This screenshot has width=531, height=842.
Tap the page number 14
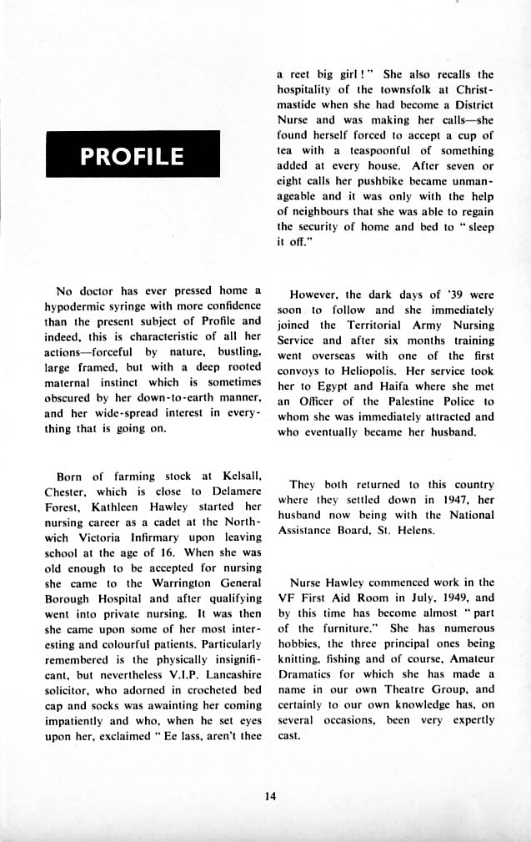click(x=268, y=794)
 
